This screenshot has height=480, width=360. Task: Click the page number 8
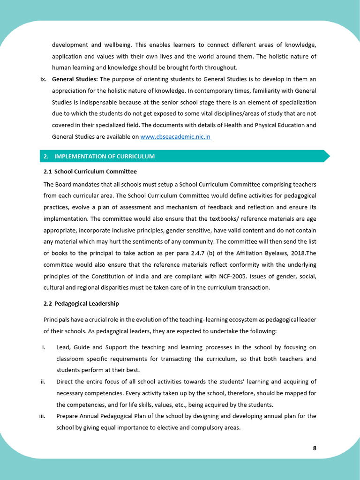click(315, 448)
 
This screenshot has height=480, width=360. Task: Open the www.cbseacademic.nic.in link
click(175, 137)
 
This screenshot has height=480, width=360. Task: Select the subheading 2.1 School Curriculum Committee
click(90, 172)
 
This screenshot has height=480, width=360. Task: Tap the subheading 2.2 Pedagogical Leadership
click(81, 304)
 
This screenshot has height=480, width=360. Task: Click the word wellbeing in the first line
click(117, 45)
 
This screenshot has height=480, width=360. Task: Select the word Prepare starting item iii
click(67, 416)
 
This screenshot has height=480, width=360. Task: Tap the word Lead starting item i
click(63, 347)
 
